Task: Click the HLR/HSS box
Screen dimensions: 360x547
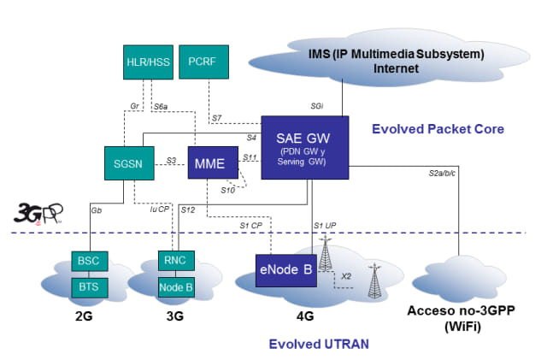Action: coord(148,62)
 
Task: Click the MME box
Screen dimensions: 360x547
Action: coord(211,162)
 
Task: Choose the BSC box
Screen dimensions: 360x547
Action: coord(89,260)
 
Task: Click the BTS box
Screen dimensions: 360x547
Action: coord(89,286)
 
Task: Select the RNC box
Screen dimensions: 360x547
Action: coord(179,260)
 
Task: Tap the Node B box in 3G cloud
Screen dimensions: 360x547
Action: coord(179,286)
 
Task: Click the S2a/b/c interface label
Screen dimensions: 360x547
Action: coord(444,174)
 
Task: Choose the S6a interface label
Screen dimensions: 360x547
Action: coord(160,105)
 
